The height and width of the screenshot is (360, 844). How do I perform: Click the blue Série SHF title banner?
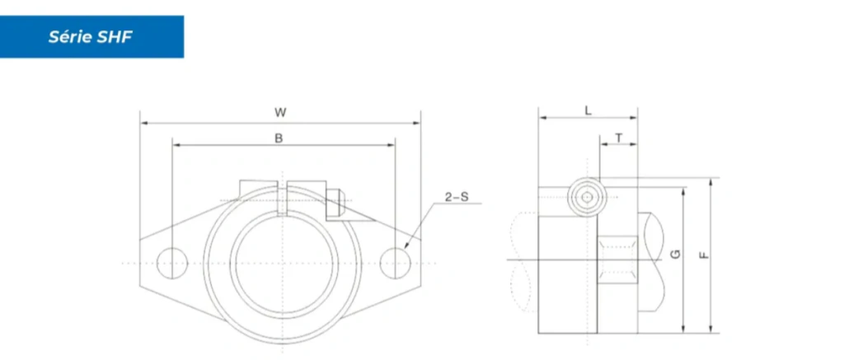(x=91, y=36)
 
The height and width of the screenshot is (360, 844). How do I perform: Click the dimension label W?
(x=280, y=113)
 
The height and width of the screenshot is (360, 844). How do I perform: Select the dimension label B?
(x=279, y=138)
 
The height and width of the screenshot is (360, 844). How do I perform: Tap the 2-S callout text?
(x=457, y=197)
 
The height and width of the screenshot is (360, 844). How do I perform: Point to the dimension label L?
(x=588, y=111)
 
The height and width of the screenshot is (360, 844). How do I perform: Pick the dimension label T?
(x=619, y=138)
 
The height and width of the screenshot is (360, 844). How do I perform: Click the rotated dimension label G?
(x=677, y=254)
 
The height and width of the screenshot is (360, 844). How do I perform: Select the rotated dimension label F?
(x=704, y=255)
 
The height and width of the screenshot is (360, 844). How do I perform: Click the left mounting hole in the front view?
(x=172, y=263)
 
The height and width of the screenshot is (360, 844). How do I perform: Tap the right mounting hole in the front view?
(x=395, y=263)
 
